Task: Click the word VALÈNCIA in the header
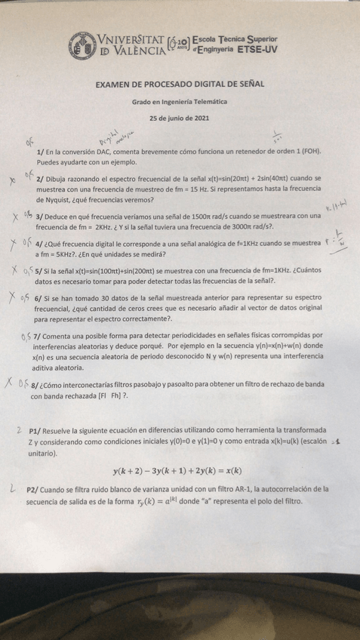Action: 133,52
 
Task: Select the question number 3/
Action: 41,217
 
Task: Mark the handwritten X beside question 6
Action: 15,297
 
